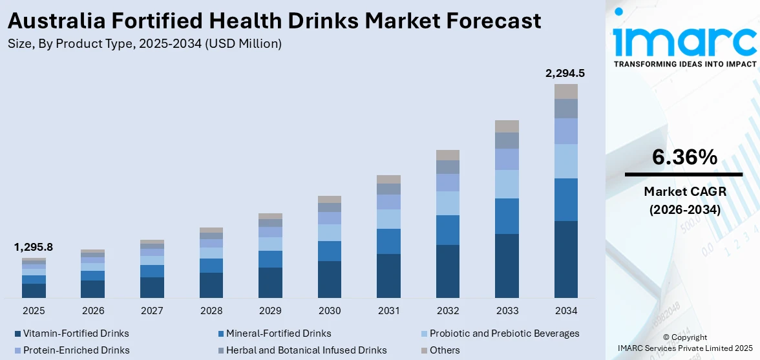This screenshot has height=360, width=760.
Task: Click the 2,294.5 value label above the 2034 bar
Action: tap(565, 74)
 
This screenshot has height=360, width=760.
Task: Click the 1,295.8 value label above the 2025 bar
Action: tap(34, 248)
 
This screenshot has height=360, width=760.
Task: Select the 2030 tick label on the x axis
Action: tap(330, 311)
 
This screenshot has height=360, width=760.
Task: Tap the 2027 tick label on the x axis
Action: tap(152, 311)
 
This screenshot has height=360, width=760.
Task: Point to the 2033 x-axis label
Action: tap(507, 311)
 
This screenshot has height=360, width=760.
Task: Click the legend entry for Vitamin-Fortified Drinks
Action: tap(76, 334)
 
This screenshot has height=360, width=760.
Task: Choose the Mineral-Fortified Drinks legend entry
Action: tap(279, 334)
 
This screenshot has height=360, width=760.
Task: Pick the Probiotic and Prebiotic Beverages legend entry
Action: tap(504, 334)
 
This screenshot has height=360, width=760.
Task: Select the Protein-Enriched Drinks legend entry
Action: tap(76, 350)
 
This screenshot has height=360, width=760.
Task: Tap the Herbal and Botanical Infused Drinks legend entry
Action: tap(306, 350)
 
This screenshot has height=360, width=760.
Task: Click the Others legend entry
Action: tap(445, 350)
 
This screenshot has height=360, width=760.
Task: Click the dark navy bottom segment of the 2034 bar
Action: tap(566, 259)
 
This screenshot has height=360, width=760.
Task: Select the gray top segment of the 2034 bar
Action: tap(566, 91)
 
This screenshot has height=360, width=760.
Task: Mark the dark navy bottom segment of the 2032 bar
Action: tap(448, 271)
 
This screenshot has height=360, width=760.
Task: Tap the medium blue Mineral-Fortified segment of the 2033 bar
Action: tap(507, 216)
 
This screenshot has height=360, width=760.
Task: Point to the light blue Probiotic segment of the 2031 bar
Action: tap(388, 219)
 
